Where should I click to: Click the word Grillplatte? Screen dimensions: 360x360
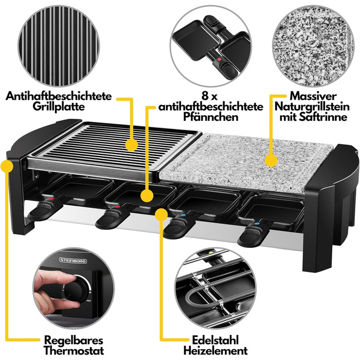[59, 106]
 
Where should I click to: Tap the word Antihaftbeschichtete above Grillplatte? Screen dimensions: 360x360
[59, 96]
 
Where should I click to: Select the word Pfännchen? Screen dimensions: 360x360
[210, 117]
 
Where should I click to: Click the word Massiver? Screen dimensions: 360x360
[313, 96]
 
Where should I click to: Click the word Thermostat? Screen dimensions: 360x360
[74, 351]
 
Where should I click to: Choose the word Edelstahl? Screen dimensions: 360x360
[215, 340]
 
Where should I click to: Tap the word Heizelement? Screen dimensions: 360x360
[215, 351]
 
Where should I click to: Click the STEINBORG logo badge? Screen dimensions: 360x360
[73, 260]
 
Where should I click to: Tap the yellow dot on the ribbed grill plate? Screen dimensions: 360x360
[132, 146]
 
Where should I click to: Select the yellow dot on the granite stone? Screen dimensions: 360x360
[271, 160]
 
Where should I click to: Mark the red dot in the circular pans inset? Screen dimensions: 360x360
[219, 60]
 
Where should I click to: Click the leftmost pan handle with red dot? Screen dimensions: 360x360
[45, 208]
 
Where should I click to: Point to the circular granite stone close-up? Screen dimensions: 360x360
[313, 46]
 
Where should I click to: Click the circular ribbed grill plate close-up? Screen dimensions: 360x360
[59, 46]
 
